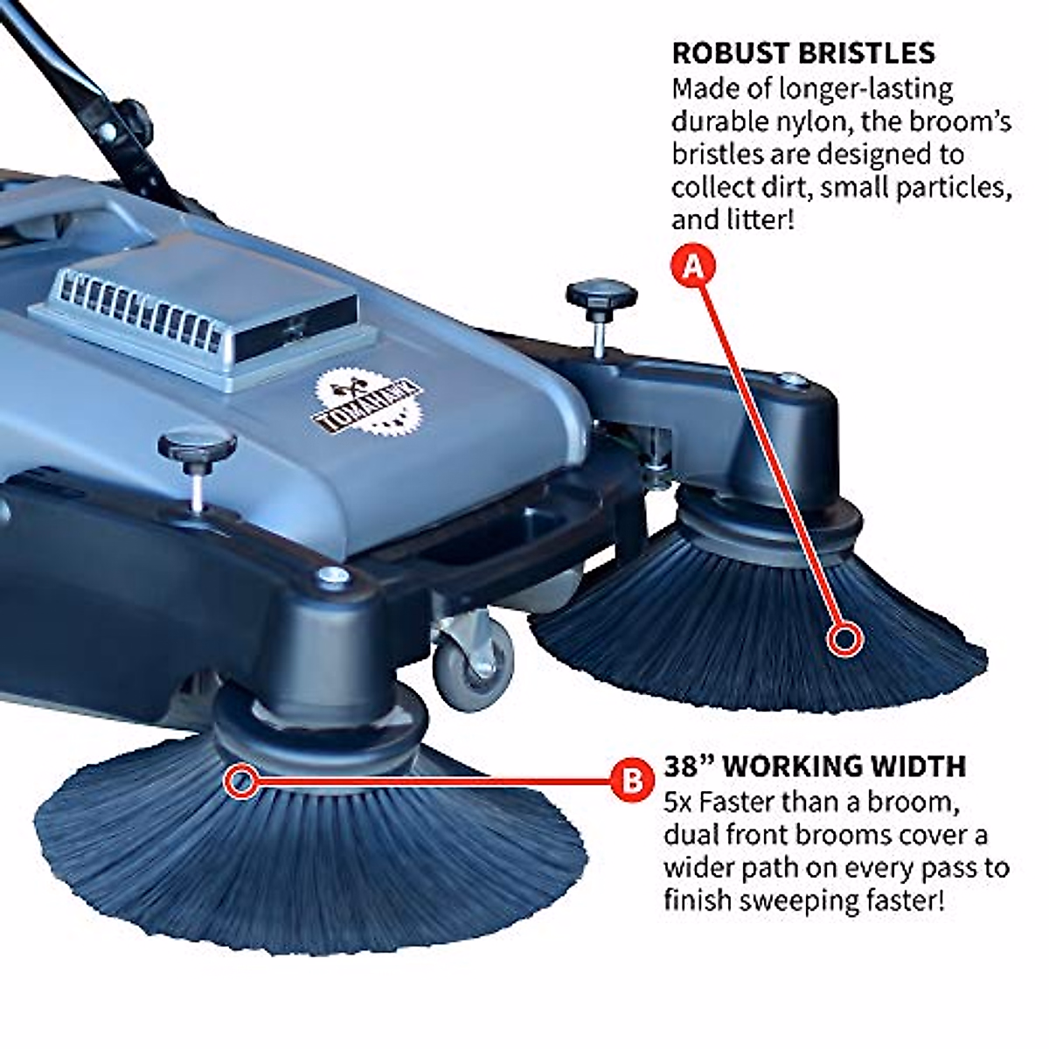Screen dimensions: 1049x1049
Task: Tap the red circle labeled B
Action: point(631,779)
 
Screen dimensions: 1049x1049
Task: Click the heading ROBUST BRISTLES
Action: point(803,52)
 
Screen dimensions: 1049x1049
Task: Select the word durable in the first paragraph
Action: point(713,122)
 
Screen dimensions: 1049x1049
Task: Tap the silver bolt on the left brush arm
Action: point(330,574)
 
